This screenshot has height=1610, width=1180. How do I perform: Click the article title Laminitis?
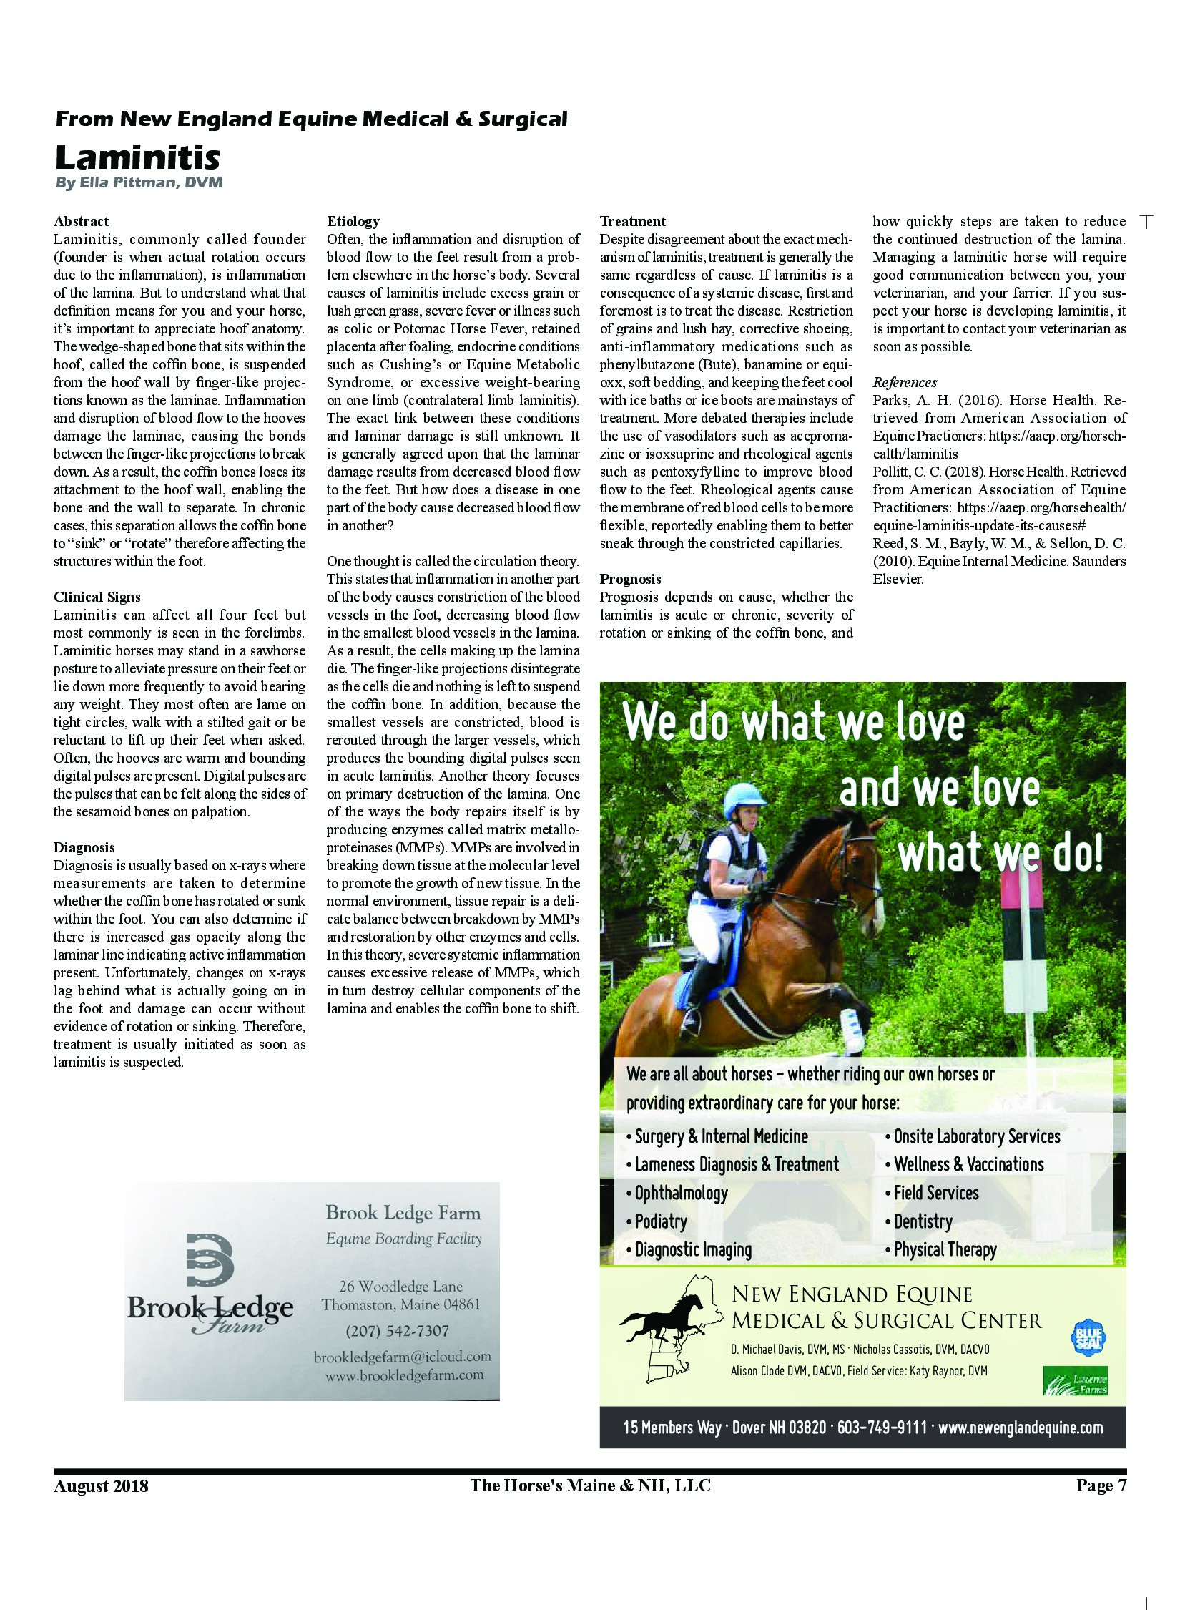coord(137,157)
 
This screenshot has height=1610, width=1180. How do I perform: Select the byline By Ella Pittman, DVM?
coord(139,183)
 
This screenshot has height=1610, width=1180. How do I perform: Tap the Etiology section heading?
coord(353,221)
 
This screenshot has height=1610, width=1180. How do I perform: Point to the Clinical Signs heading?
coord(97,597)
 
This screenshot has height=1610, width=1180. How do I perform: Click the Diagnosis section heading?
coord(84,847)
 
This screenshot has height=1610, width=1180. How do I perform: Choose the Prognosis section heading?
coord(630,579)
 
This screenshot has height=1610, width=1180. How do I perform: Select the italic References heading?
coord(905,382)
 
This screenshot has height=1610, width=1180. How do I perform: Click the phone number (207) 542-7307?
coord(397,1331)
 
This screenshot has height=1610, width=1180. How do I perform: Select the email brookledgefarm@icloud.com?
coord(402,1357)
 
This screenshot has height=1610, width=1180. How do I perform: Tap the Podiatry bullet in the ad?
coord(660,1221)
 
